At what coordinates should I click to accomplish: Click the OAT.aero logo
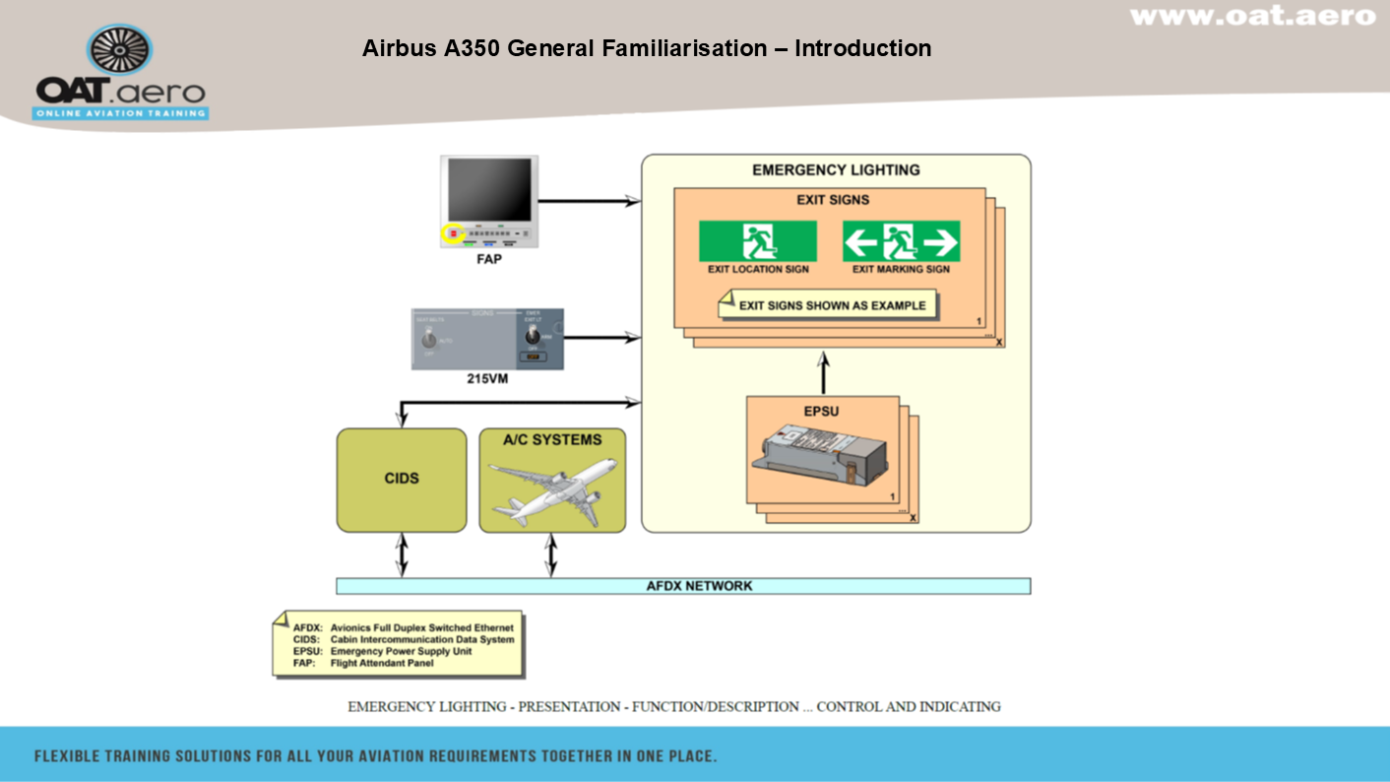coord(121,73)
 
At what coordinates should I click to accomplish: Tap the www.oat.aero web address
coord(1252,16)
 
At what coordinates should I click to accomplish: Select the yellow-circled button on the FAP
coord(453,234)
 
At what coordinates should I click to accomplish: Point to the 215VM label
coord(487,378)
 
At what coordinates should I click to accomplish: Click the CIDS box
coord(402,480)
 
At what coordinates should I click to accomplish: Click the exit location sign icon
coord(758,241)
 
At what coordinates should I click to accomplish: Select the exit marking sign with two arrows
coord(901,241)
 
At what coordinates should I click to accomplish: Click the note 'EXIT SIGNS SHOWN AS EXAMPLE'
coord(831,305)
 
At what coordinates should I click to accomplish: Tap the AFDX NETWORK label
coord(699,586)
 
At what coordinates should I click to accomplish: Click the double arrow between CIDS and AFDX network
coord(402,555)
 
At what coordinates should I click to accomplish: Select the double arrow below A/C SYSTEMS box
coord(551,555)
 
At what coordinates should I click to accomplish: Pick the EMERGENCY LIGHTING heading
coord(836,169)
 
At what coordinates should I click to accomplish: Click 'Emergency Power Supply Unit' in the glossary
coord(401,651)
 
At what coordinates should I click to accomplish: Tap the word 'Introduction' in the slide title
coord(862,47)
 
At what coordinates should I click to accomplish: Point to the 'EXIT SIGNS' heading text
coord(833,200)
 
